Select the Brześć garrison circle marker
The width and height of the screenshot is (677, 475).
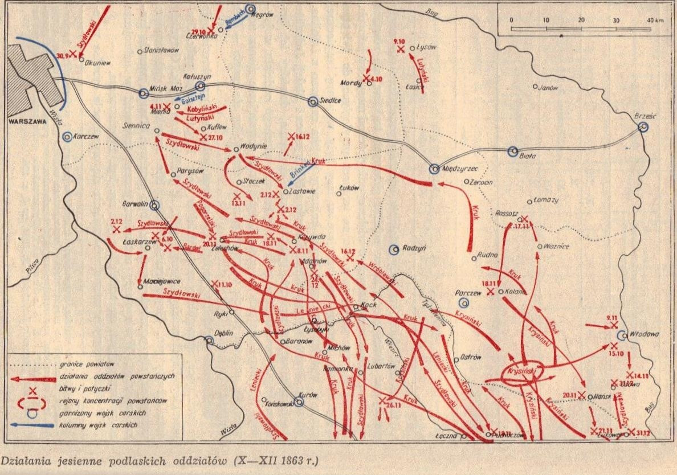click(x=643, y=127)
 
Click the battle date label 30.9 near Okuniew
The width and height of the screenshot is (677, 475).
click(x=63, y=55)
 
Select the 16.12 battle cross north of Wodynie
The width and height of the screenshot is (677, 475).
click(x=291, y=136)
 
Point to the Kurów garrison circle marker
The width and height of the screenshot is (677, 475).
click(x=299, y=402)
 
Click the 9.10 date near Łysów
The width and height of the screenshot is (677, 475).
click(x=398, y=42)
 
